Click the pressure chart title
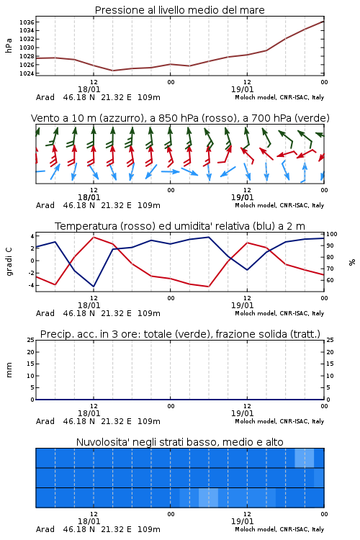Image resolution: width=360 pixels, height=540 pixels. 180,10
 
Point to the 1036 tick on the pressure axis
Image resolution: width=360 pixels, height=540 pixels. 27,22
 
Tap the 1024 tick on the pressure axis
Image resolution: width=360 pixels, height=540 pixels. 27,73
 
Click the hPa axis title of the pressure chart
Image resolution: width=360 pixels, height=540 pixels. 9,45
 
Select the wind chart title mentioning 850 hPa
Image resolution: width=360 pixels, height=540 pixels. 180,118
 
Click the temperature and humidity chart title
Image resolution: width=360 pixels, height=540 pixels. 180,226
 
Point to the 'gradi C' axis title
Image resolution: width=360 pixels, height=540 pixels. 9,261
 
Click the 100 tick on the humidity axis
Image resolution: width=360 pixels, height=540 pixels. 332,234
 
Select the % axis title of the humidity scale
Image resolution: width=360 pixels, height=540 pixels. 352,262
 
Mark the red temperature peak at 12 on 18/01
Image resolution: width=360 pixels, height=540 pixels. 94,238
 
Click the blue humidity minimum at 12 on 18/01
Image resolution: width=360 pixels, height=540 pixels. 94,287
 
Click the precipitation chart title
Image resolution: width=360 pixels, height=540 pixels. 180,334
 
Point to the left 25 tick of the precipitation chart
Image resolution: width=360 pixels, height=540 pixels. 31,340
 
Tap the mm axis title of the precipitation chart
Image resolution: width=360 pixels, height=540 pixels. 9,370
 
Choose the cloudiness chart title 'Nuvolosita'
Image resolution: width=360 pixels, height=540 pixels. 180,442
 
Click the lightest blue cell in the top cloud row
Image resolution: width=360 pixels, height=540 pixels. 305,458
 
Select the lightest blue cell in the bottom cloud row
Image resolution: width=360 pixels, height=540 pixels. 208,498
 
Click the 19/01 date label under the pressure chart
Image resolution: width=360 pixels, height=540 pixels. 242,89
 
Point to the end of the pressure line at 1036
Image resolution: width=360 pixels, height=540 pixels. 324,22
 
